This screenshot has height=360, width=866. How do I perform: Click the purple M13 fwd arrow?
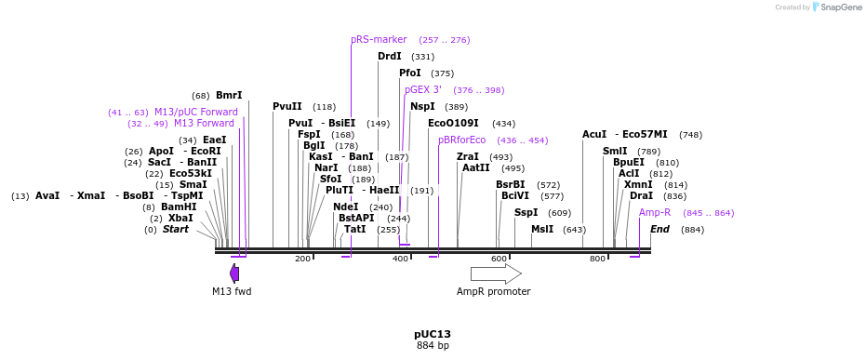(234, 273)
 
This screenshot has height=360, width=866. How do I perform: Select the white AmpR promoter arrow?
(495, 273)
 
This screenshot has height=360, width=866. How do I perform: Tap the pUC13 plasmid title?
(432, 334)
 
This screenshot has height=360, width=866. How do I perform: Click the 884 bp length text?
(432, 346)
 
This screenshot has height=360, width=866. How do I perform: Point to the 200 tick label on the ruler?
(302, 259)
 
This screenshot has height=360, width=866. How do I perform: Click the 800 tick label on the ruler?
(597, 259)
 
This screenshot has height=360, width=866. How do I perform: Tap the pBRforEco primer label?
(461, 140)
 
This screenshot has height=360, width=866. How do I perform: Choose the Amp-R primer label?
(655, 213)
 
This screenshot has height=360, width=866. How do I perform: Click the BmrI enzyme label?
(229, 95)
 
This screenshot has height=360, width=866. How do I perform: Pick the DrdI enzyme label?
(390, 57)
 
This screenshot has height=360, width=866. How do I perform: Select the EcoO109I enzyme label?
(453, 123)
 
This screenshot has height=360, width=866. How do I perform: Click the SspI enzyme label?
(526, 213)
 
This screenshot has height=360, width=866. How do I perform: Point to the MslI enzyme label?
(542, 229)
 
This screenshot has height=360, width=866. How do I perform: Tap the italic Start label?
(176, 229)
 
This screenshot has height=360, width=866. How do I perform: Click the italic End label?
(659, 229)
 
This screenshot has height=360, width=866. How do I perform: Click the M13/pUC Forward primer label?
(196, 112)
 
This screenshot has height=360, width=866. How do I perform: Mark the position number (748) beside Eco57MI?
(690, 135)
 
